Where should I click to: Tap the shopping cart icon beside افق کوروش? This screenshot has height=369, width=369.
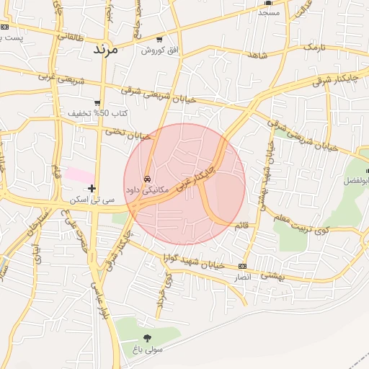click(x=159, y=39)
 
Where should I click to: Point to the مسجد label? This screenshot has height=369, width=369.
click(x=268, y=12)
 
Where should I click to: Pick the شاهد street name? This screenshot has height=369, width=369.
click(x=258, y=55)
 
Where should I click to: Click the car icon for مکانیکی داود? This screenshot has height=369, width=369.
click(x=147, y=178)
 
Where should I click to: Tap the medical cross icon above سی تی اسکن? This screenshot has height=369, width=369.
click(x=92, y=188)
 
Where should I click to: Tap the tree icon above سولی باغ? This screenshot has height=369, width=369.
click(x=148, y=337)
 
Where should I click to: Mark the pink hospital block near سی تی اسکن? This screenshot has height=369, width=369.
click(x=79, y=174)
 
